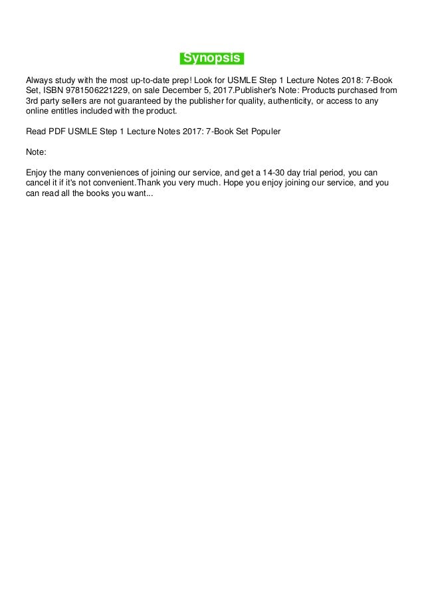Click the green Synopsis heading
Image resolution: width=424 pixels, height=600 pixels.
click(212, 58)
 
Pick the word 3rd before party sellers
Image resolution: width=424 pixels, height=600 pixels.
click(33, 102)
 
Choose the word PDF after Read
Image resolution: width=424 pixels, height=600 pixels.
click(56, 132)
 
